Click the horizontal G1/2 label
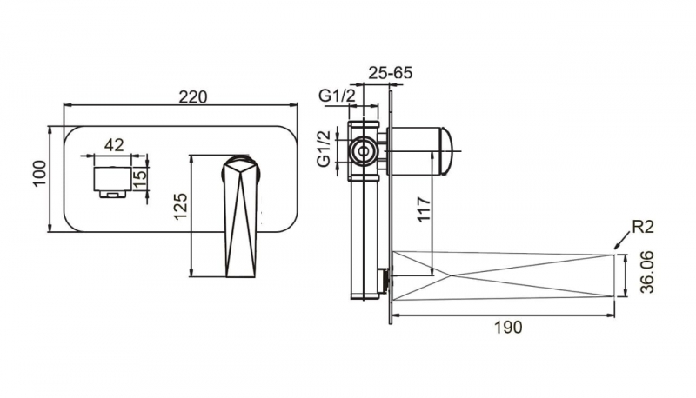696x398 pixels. click(x=335, y=96)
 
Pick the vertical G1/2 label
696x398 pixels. click(x=323, y=149)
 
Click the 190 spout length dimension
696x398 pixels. click(x=507, y=327)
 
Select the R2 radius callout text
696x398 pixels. click(x=645, y=229)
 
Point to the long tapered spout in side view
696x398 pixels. click(x=505, y=275)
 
